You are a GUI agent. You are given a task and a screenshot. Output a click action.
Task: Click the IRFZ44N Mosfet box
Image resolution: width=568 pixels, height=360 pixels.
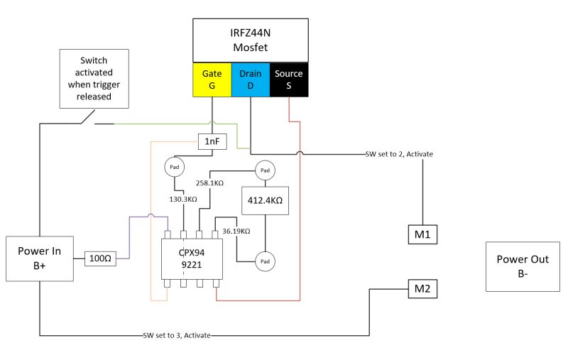[251, 40]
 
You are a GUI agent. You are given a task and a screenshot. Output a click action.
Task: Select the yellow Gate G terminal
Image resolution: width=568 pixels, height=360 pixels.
[212, 80]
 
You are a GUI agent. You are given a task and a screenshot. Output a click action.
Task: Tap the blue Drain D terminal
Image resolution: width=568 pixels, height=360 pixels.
[250, 80]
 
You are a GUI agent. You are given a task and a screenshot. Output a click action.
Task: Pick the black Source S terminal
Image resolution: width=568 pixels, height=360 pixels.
[288, 80]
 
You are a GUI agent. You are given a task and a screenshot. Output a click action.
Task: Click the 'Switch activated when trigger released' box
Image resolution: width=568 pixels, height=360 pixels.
[94, 78]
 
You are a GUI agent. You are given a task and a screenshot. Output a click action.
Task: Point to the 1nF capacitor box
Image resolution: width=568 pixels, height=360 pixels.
[212, 142]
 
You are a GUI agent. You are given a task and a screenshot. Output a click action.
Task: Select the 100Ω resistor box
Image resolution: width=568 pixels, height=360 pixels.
[99, 258]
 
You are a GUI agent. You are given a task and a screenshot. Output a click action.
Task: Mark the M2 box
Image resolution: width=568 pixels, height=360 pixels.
[422, 288]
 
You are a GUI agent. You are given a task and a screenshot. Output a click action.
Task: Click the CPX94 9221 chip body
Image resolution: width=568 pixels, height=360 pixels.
[188, 258]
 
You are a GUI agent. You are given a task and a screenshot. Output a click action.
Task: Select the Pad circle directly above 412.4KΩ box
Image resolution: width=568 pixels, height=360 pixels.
[264, 170]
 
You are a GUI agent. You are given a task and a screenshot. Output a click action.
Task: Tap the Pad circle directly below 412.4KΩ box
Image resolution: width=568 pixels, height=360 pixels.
[264, 261]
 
